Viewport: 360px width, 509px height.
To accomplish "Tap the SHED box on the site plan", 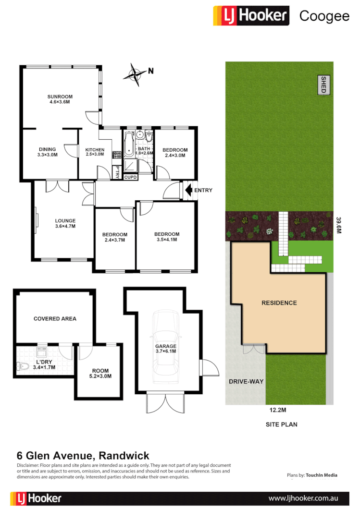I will (323, 85).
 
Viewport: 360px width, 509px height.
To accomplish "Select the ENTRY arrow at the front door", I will (188, 190).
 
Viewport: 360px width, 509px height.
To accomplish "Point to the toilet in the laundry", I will (21, 367).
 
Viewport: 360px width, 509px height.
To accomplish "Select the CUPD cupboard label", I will (131, 177).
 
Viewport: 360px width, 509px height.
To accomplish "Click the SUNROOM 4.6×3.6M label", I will (60, 99).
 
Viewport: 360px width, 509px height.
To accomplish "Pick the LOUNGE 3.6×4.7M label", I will (65, 223).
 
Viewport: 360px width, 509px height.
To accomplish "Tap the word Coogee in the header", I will (324, 16).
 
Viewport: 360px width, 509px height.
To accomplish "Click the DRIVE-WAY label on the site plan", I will (245, 381).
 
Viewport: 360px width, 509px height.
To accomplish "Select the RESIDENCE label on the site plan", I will (279, 303).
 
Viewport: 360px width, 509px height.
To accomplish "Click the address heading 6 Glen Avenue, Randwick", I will (83, 456).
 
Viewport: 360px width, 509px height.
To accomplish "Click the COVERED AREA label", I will (55, 318).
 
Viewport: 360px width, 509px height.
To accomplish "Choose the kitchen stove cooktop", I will (116, 155).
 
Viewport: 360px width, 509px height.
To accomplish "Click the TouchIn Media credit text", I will (321, 475).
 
